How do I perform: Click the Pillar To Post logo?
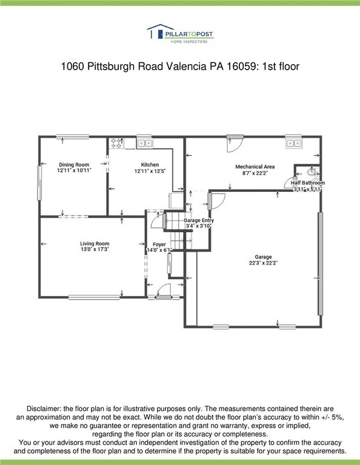pyautogui.click(x=180, y=34)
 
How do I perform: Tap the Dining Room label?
pyautogui.click(x=74, y=165)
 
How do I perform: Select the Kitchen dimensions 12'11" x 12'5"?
pyautogui.click(x=150, y=171)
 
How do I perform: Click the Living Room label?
pyautogui.click(x=95, y=244)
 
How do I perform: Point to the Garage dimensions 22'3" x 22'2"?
pyautogui.click(x=263, y=263)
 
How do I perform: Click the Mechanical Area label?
pyautogui.click(x=255, y=167)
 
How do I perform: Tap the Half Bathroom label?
pyautogui.click(x=308, y=183)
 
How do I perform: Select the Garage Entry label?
pyautogui.click(x=199, y=220)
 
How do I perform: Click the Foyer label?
pyautogui.click(x=159, y=245)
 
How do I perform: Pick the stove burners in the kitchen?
pyautogui.click(x=116, y=143)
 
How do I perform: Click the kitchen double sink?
pyautogui.click(x=144, y=143)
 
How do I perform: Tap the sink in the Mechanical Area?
pyautogui.click(x=293, y=143)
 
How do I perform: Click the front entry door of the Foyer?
pyautogui.click(x=164, y=291)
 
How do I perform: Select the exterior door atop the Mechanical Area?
pyautogui.click(x=235, y=143)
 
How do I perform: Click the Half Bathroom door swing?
pyautogui.click(x=289, y=182)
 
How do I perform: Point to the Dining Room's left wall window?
pyautogui.click(x=39, y=183)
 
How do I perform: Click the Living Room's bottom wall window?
pyautogui.click(x=94, y=297)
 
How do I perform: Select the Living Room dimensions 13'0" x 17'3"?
pyautogui.click(x=95, y=249)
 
